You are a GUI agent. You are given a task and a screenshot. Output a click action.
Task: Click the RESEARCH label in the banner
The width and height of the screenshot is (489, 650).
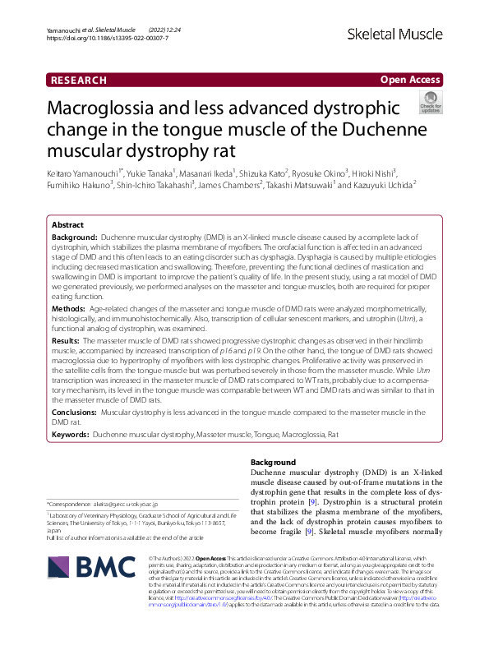(x=79, y=80)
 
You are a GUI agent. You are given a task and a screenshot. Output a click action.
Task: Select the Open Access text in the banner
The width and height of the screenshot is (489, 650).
(x=410, y=80)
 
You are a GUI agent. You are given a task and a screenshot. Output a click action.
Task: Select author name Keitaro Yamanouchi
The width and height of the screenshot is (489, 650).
(x=85, y=174)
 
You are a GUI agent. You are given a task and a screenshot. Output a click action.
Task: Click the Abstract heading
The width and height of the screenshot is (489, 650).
(x=67, y=224)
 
